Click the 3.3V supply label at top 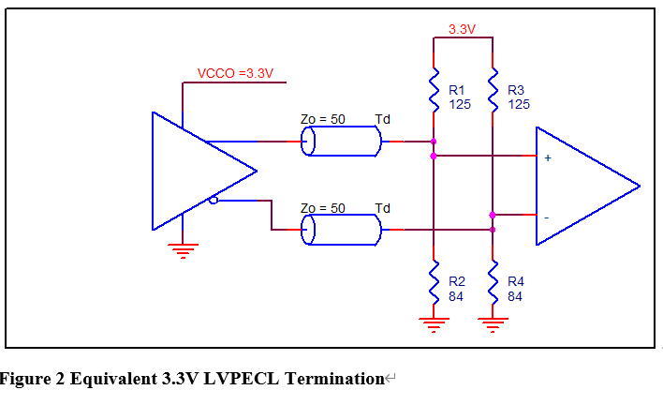point(462,29)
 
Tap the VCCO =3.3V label point(235,73)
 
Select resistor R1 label point(459,90)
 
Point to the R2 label point(457,280)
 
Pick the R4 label point(516,280)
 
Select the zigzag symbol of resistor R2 point(434,281)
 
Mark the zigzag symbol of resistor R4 point(493,281)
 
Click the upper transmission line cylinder point(341,142)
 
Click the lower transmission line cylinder point(341,230)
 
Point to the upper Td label point(382,119)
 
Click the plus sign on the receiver point(548,158)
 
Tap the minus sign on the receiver point(548,217)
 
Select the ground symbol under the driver point(183,249)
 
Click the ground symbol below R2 point(434,324)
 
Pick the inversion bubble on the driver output point(214,200)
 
